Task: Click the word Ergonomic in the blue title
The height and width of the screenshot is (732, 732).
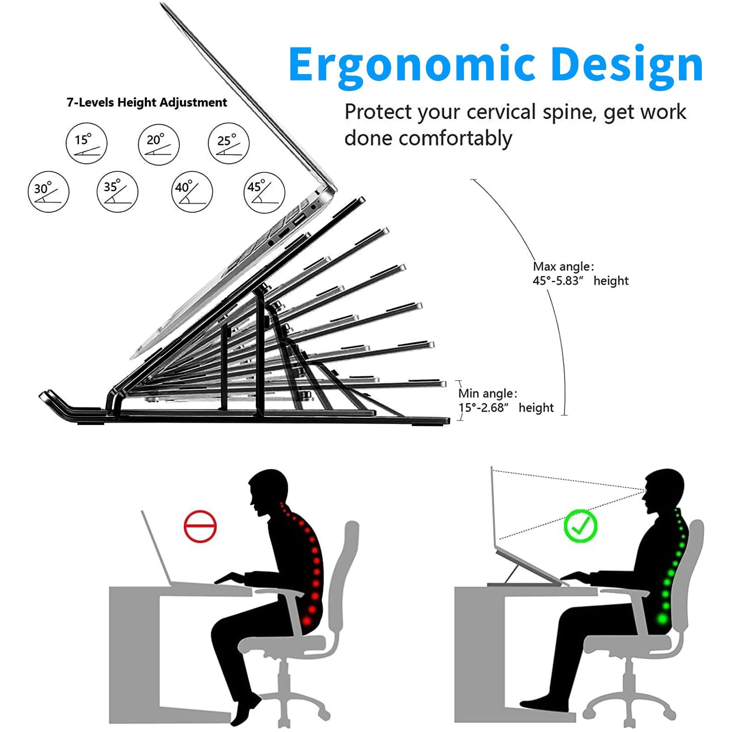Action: (412, 65)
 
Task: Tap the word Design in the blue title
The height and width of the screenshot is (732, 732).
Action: (627, 65)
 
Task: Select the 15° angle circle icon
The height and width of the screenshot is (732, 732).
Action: (86, 143)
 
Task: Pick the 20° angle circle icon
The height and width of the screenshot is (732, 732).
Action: (158, 144)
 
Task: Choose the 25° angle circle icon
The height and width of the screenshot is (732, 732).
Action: (229, 143)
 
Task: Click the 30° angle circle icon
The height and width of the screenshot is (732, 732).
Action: (48, 192)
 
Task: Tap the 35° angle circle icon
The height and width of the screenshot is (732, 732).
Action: (117, 191)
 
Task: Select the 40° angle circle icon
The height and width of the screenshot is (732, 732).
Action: (192, 191)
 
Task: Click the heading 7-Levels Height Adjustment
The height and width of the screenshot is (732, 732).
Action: (146, 102)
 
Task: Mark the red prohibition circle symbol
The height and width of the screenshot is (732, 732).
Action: (200, 526)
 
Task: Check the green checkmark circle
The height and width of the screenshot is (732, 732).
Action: (580, 526)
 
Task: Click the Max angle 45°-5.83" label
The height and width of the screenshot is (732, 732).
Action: (580, 274)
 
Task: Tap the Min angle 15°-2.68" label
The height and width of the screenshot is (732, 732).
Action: (506, 400)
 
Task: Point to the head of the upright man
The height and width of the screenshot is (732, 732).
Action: (663, 490)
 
